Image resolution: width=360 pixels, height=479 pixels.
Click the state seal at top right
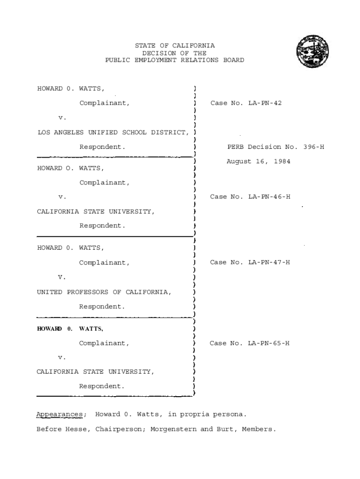(312, 51)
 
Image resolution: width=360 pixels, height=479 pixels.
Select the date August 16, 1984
(259, 161)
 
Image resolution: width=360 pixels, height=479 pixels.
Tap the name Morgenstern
(173, 429)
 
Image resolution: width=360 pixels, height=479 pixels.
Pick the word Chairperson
(121, 429)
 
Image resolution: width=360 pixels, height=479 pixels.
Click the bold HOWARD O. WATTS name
(70, 329)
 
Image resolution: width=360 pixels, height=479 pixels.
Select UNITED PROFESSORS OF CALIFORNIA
(104, 292)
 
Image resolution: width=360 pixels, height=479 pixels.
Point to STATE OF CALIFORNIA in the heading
(175, 46)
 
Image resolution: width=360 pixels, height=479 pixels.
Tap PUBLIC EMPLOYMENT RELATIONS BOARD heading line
(174, 60)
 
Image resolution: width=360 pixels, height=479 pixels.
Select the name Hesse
(77, 429)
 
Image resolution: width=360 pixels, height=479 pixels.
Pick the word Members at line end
(259, 429)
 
